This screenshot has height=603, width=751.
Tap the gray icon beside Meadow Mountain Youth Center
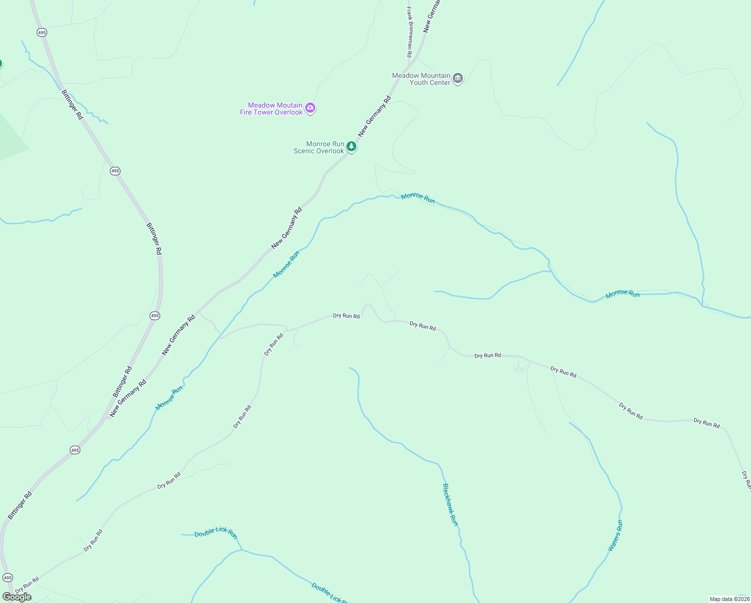457,78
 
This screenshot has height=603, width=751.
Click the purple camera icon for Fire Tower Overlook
310,108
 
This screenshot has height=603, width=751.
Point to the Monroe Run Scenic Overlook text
319,147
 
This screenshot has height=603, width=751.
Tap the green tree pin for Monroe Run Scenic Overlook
352,147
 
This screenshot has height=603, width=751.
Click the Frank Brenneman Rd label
410,32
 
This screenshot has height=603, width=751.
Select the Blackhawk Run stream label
450,505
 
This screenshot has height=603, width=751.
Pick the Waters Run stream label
615,536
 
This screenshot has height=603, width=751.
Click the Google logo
17,596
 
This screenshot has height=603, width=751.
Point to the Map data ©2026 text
729,599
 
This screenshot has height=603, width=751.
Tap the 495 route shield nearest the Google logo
8,578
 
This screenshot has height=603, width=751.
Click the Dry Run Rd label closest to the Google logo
27,585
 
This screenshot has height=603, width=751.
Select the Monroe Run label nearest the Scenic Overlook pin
418,198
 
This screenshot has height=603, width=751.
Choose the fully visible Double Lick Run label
216,532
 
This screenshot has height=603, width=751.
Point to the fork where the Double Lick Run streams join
241,550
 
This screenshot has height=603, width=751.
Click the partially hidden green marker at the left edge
1,64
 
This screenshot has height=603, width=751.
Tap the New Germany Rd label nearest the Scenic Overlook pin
374,117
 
